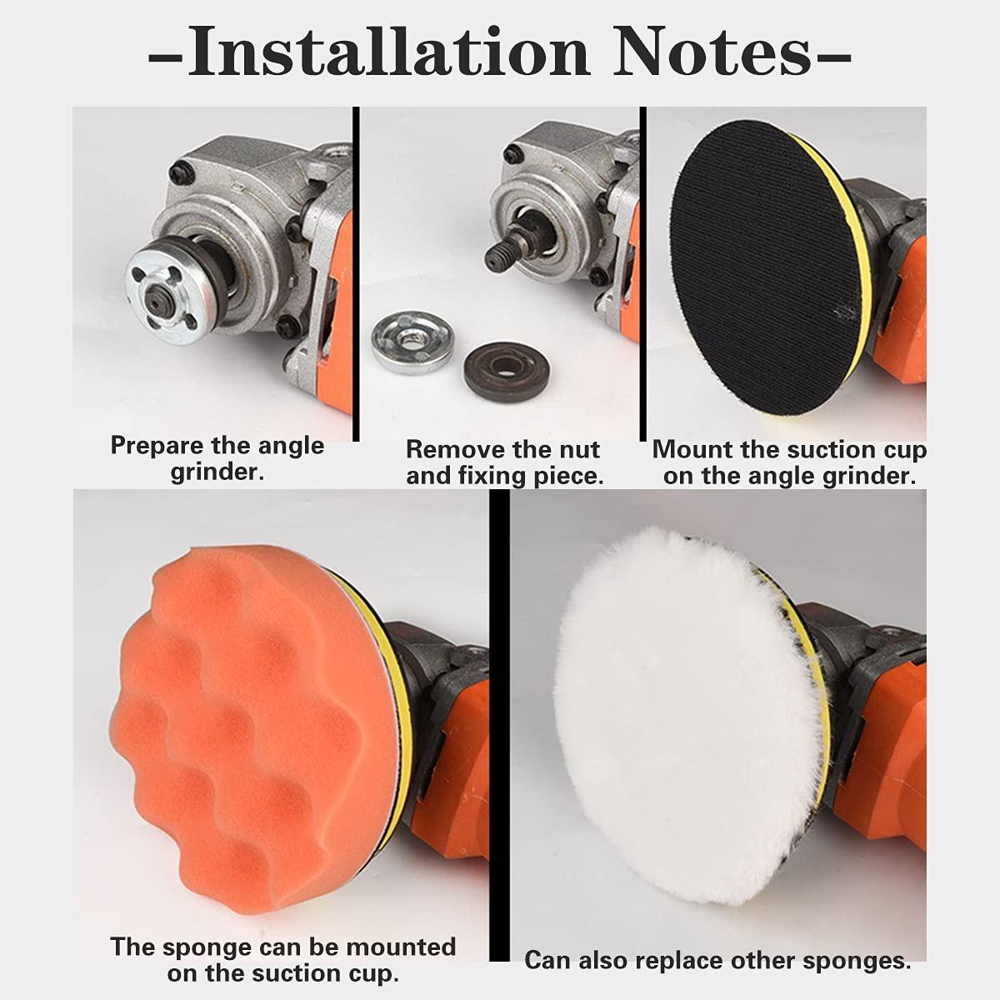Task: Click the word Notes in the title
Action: tap(712, 52)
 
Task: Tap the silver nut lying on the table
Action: tap(412, 341)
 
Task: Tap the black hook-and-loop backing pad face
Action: tap(767, 267)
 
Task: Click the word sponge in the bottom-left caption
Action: tap(207, 948)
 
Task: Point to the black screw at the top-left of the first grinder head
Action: tap(182, 174)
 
